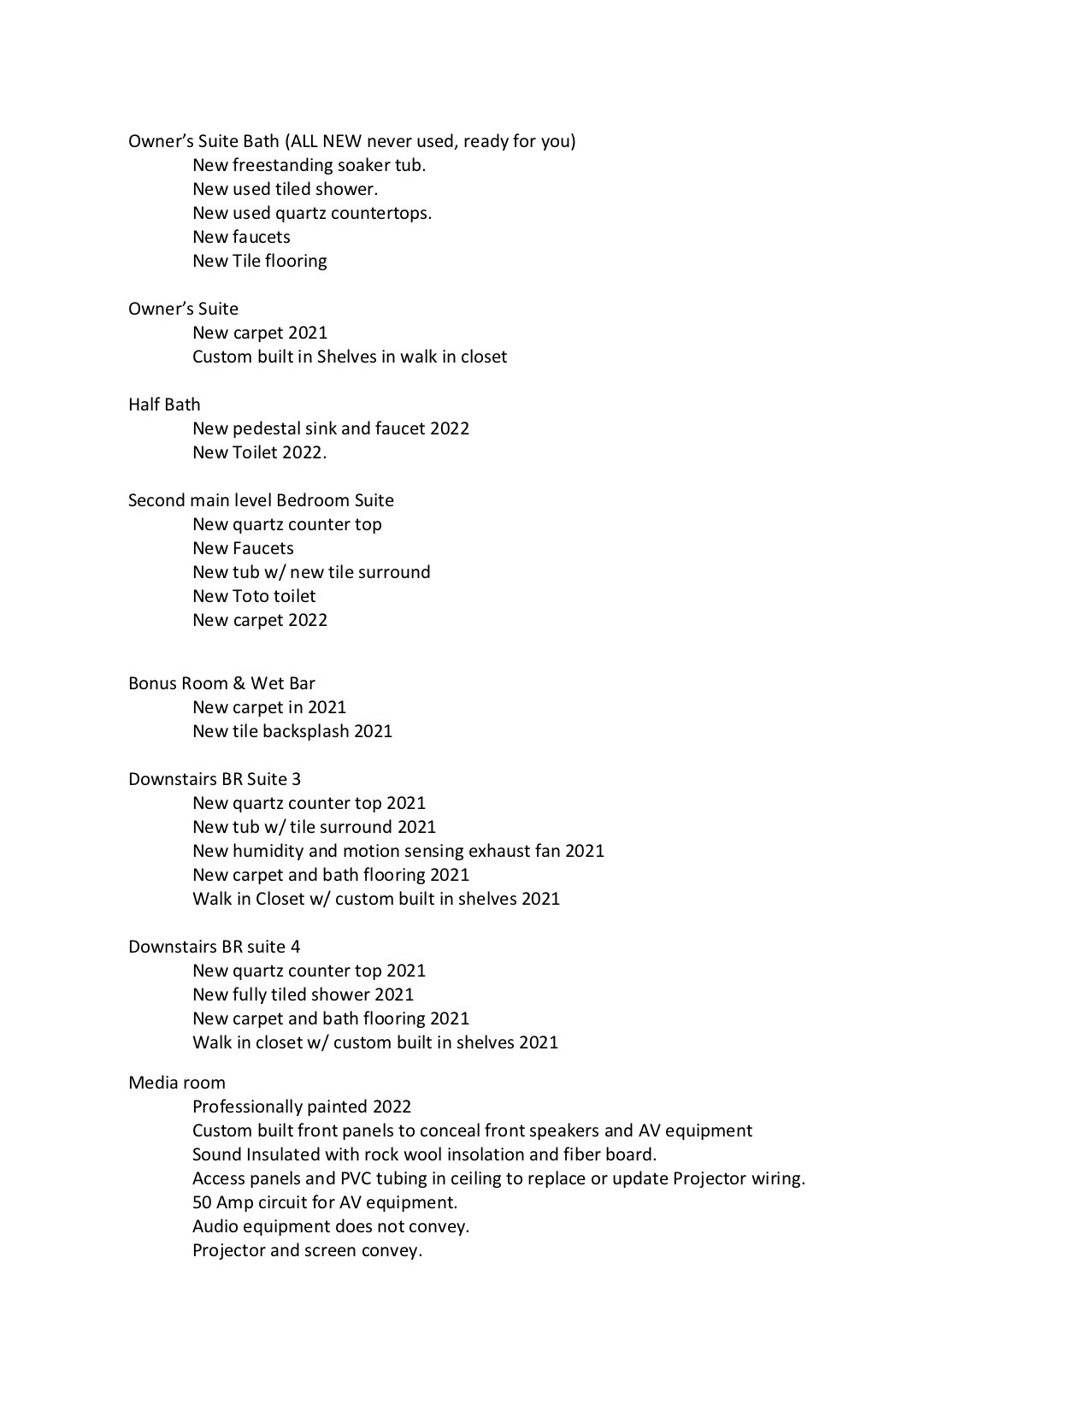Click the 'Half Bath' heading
click(164, 404)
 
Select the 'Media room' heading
click(177, 1083)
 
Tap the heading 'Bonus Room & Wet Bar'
click(221, 683)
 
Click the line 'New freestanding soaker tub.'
click(309, 165)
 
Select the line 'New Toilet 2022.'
click(259, 452)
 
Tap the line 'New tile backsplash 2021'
click(292, 731)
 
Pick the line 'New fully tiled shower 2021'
click(303, 995)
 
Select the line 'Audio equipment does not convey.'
click(331, 1226)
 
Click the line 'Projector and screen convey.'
click(307, 1250)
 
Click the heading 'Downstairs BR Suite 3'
click(215, 779)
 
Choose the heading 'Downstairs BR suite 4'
click(214, 947)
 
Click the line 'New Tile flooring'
click(259, 261)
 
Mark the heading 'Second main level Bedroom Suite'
click(261, 500)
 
